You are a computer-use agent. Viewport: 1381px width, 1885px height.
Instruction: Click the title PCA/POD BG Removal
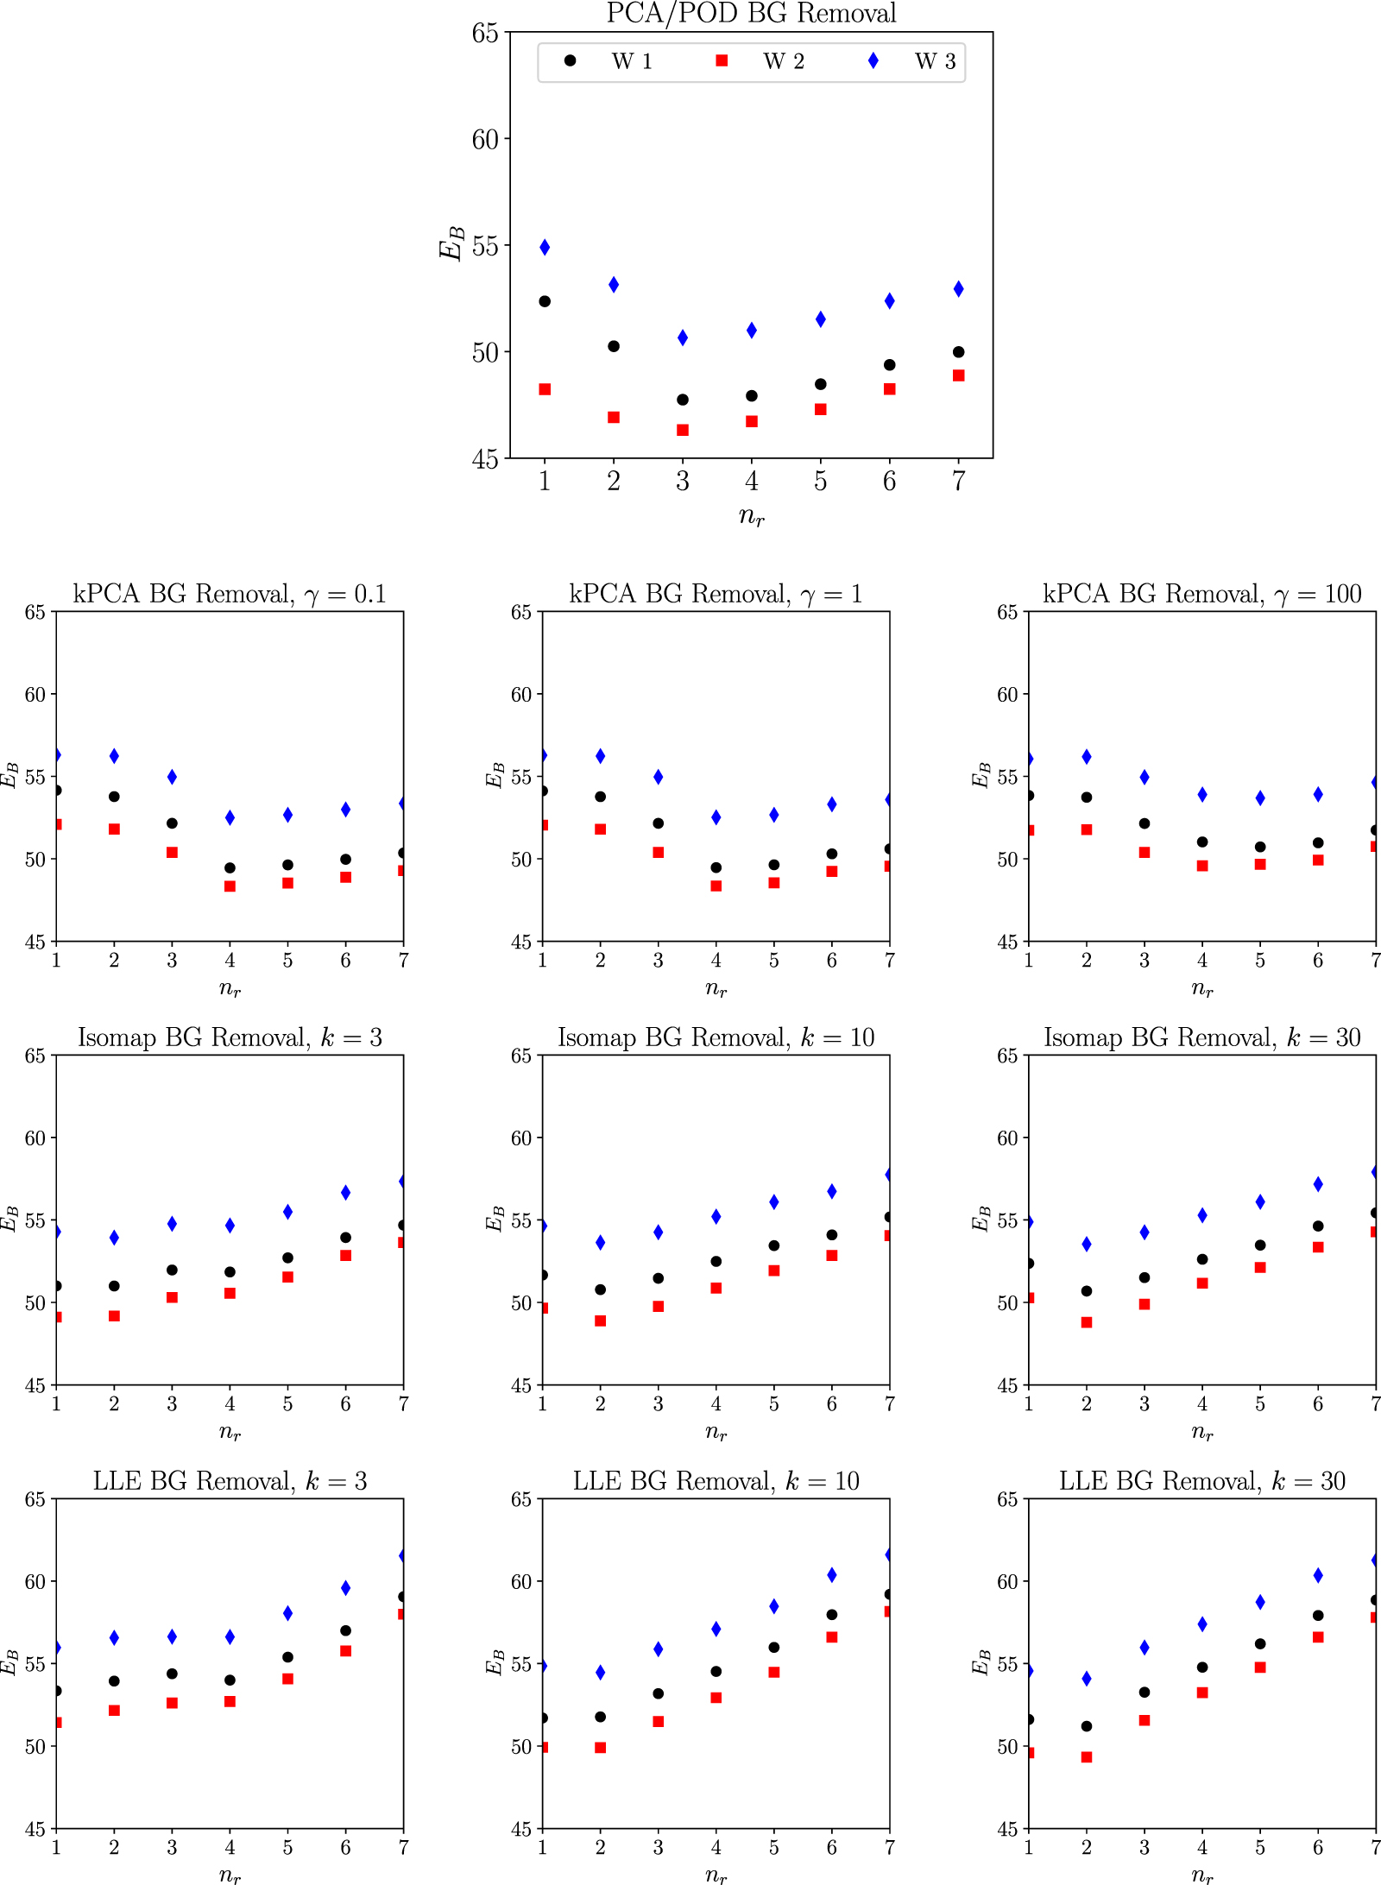pos(751,13)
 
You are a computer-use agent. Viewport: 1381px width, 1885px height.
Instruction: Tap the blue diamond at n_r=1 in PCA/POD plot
pos(545,248)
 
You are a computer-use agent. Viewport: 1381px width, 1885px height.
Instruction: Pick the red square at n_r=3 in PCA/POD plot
pos(683,430)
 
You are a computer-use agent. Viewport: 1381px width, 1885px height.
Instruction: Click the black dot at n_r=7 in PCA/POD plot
pos(958,352)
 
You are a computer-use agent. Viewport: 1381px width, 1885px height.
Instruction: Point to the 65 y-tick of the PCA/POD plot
pos(485,33)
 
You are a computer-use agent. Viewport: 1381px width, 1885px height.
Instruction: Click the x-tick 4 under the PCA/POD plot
pos(751,482)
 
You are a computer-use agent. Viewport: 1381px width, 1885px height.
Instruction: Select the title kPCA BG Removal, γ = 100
pos(1201,594)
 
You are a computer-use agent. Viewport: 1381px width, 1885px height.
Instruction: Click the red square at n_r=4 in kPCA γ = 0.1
pos(230,886)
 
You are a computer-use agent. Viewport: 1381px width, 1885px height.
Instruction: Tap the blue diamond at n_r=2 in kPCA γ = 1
pos(601,756)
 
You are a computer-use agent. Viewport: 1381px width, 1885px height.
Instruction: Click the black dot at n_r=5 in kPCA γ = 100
pos(1260,847)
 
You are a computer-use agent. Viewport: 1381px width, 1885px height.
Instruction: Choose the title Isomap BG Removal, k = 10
pos(716,1037)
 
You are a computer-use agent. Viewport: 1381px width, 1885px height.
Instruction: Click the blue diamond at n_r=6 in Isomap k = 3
pos(346,1193)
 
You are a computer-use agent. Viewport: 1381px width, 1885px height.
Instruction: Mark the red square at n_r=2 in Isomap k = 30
pos(1087,1322)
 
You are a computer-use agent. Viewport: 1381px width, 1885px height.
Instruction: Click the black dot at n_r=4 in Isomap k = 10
pos(716,1261)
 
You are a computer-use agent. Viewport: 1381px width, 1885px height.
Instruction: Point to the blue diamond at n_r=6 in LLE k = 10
pos(832,1575)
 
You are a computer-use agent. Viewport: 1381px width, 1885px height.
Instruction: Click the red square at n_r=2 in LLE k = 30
pos(1087,1757)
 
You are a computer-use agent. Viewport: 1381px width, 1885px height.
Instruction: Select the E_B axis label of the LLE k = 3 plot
pos(9,1662)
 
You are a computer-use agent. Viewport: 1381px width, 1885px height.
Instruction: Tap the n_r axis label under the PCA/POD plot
pos(751,516)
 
